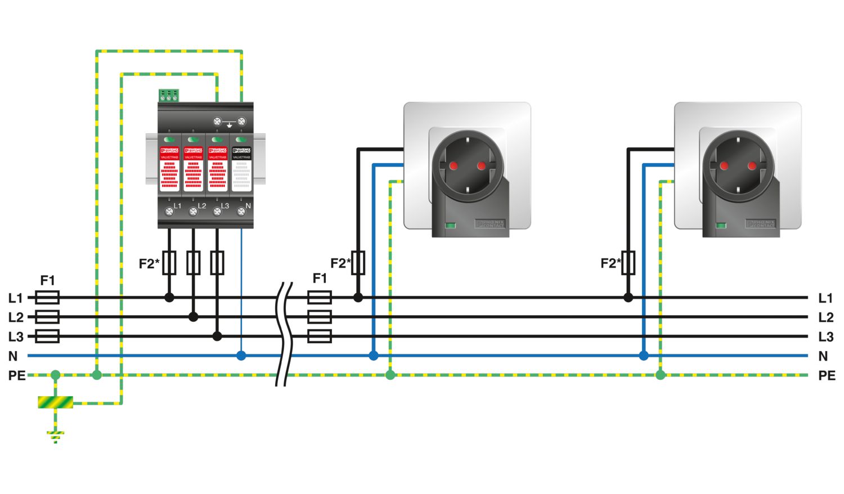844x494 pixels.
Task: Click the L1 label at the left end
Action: point(15,298)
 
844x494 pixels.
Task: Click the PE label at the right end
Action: point(827,375)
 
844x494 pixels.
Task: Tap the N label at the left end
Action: point(13,356)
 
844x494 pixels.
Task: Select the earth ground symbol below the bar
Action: point(55,436)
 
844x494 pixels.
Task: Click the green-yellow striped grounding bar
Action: point(55,402)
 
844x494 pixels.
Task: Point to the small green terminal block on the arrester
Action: point(168,95)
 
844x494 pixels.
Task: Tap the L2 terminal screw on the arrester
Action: point(193,212)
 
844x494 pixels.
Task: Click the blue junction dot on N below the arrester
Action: point(241,356)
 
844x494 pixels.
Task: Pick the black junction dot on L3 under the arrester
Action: point(217,336)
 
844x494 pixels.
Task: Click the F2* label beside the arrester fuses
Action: point(149,263)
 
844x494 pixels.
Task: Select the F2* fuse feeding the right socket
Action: point(628,263)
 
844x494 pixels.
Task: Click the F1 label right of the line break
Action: point(320,278)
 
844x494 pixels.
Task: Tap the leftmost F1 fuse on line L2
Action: point(47,317)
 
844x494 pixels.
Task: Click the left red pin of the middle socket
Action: point(453,165)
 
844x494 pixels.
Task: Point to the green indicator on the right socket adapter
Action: point(721,226)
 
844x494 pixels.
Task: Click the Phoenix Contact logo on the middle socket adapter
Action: point(490,223)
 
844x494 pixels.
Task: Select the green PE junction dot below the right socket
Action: point(661,375)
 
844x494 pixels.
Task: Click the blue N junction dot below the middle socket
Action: point(374,356)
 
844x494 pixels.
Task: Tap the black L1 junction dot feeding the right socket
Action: point(628,298)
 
